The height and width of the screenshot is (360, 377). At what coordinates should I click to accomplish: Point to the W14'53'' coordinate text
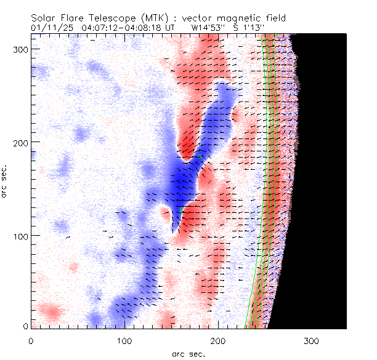[209, 28]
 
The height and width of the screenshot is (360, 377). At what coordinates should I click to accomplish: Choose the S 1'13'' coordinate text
[249, 28]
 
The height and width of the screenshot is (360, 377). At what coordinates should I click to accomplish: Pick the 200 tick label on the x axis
[218, 340]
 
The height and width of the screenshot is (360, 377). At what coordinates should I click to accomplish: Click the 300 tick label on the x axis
[312, 340]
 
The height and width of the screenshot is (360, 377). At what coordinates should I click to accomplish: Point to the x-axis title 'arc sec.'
[189, 354]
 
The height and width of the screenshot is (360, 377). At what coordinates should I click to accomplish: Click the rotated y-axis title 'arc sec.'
[5, 182]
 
